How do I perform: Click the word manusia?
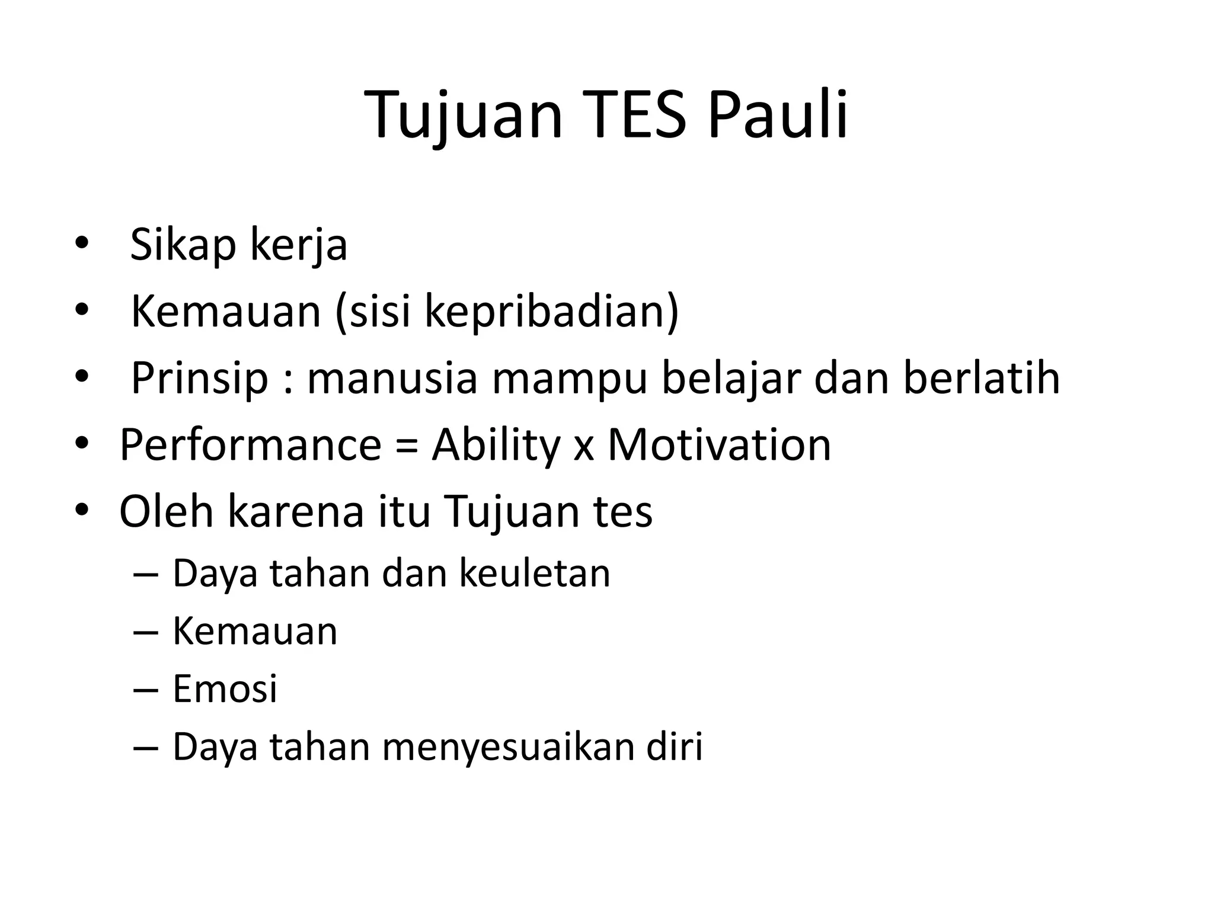(392, 378)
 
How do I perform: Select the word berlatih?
(981, 378)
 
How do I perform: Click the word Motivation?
(719, 445)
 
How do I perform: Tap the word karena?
(296, 511)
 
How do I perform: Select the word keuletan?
(535, 573)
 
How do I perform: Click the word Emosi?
(225, 689)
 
